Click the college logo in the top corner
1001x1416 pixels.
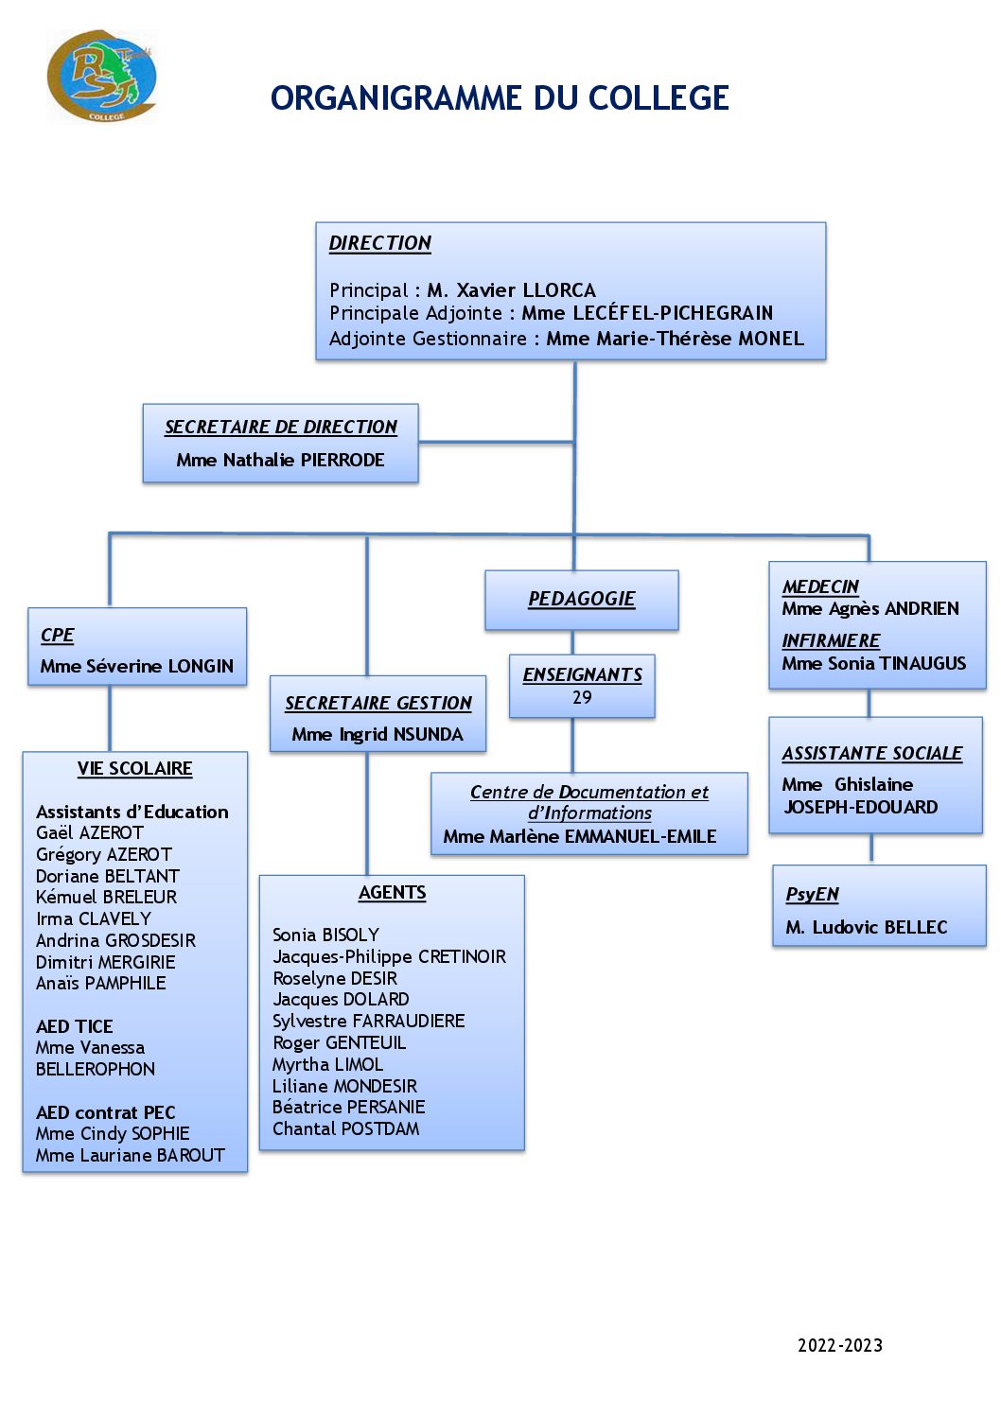click(x=102, y=77)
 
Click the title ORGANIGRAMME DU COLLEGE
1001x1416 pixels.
click(x=500, y=98)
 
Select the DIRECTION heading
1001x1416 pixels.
click(x=379, y=243)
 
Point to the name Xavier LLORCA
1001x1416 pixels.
click(x=525, y=290)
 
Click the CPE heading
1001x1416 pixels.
click(x=57, y=636)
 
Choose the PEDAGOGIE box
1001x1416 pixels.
click(x=581, y=599)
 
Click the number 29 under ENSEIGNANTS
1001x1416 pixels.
click(x=582, y=697)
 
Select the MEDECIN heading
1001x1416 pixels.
click(x=820, y=586)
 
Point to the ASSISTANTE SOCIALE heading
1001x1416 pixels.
click(x=871, y=753)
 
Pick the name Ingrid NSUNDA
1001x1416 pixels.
click(x=400, y=734)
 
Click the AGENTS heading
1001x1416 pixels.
click(x=392, y=892)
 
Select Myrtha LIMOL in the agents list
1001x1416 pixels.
click(x=327, y=1064)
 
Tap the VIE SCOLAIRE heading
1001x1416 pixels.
click(x=134, y=768)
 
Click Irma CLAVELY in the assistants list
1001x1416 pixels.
click(x=93, y=918)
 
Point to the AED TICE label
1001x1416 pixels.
click(x=74, y=1026)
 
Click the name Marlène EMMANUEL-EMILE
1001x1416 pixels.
click(x=603, y=836)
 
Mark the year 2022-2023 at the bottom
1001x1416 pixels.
click(x=839, y=1345)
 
